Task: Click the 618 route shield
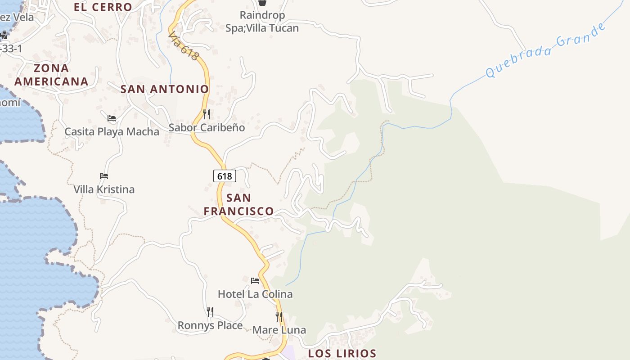point(225,176)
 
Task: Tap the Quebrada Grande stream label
point(546,50)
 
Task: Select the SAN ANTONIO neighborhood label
point(165,89)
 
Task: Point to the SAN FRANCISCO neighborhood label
point(238,204)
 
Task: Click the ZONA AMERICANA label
point(51,75)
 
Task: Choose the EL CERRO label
point(103,7)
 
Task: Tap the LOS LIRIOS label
point(342,353)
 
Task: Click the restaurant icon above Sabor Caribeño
point(207,114)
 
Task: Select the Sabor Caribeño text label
point(207,127)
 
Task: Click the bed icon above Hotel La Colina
point(255,281)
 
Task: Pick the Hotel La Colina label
point(255,294)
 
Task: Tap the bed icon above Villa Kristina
point(104,175)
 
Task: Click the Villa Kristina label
point(104,189)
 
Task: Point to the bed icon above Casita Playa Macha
point(112,118)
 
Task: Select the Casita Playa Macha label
point(112,132)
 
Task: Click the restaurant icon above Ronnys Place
point(210,311)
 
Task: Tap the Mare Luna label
point(279,330)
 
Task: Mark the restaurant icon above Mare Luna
point(279,316)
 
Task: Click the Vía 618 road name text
point(184,45)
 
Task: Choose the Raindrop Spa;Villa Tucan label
point(262,22)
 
